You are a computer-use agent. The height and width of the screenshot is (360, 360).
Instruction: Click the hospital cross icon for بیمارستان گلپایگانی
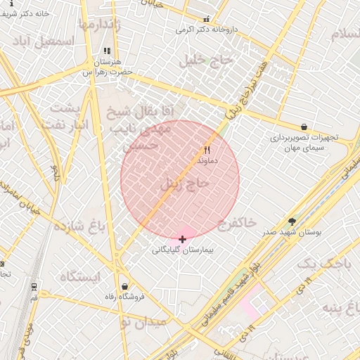click(x=183, y=239)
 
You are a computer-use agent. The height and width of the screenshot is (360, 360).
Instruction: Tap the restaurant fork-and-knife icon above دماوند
click(x=207, y=150)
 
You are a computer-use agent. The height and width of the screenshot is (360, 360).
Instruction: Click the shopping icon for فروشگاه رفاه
click(x=124, y=286)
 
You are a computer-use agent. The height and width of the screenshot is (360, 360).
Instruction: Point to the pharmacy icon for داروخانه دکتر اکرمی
click(x=206, y=20)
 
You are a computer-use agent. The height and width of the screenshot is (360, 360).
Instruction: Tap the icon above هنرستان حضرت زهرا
click(x=107, y=51)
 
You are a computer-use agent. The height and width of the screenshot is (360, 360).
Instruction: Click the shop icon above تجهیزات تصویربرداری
click(x=303, y=127)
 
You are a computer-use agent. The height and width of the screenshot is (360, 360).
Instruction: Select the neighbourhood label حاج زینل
click(x=185, y=185)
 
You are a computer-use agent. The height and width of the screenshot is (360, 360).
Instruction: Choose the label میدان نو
click(x=143, y=323)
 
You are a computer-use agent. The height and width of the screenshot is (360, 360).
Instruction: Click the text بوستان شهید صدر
click(x=291, y=232)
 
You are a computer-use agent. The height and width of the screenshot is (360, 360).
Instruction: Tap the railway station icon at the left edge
click(x=33, y=286)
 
